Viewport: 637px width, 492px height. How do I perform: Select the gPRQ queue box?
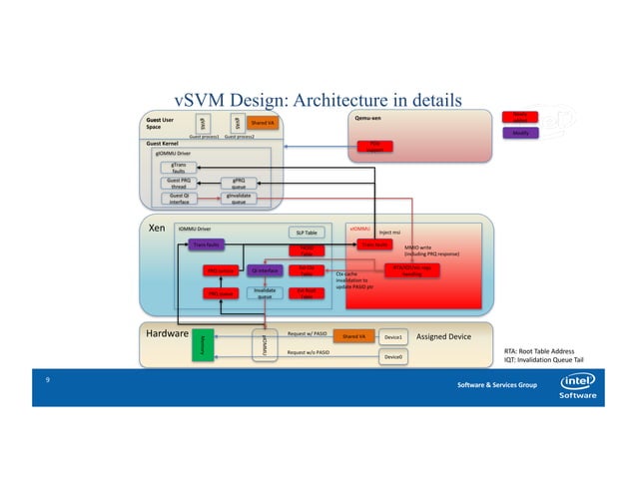[x=239, y=183]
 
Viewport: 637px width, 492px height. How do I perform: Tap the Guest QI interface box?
[x=180, y=198]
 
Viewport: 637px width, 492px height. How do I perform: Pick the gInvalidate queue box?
[x=239, y=198]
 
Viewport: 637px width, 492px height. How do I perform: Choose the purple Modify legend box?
[x=520, y=133]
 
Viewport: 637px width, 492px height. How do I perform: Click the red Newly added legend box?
[x=520, y=116]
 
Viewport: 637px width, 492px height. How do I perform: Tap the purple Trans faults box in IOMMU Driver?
[x=208, y=244]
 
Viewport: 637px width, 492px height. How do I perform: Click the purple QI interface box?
[x=264, y=270]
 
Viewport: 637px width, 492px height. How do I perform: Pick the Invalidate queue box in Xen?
[x=264, y=293]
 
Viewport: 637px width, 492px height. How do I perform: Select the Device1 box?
[x=393, y=337]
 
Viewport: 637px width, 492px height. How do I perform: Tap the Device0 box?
[x=393, y=355]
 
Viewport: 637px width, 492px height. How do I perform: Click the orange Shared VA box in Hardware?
[x=352, y=337]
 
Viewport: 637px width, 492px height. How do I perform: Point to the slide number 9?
[x=47, y=380]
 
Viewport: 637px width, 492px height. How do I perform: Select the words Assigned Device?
[x=442, y=337]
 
